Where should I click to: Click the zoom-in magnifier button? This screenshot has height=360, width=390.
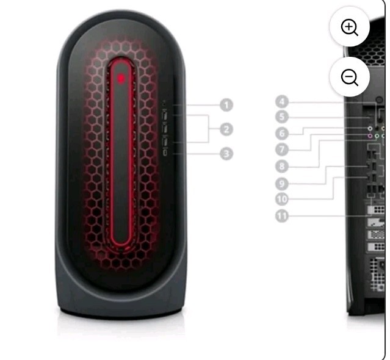(350, 27)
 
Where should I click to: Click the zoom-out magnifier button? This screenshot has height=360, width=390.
(350, 76)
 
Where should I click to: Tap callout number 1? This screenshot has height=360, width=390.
(226, 105)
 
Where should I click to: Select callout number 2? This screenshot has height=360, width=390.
(226, 129)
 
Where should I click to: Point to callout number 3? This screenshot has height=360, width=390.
(226, 154)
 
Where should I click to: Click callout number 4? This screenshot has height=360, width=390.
(282, 102)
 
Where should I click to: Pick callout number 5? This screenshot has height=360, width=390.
(282, 117)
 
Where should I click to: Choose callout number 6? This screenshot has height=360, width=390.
(282, 133)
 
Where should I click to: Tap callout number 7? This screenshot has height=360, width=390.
(282, 149)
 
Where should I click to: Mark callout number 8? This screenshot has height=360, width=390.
(282, 166)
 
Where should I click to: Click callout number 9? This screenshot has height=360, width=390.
(282, 184)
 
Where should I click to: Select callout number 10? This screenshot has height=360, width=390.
(282, 199)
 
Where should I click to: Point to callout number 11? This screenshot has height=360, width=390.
(282, 215)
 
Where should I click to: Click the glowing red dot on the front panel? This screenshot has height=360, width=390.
(121, 79)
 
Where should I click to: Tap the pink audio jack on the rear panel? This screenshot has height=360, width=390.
(370, 135)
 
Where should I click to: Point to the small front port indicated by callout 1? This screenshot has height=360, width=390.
(164, 103)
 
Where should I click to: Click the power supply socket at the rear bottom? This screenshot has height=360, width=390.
(381, 265)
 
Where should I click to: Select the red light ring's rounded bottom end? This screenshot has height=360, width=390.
(121, 245)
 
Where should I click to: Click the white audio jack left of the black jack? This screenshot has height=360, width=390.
(370, 129)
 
